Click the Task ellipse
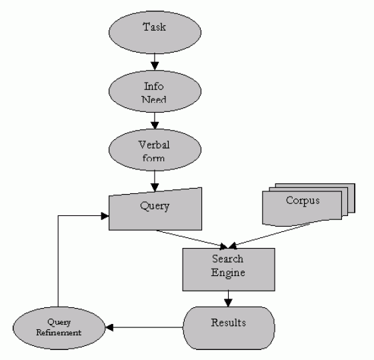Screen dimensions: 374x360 pos(155,32)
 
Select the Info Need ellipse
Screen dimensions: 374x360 pos(155,91)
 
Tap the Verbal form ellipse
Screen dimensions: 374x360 pos(155,150)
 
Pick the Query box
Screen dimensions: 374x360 pos(155,210)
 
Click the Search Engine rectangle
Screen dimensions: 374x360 pos(229,269)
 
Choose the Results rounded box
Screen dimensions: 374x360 pos(229,328)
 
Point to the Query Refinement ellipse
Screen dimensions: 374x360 pos(59,328)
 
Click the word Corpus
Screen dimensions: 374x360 pos(303,201)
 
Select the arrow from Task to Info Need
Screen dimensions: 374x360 pos(155,62)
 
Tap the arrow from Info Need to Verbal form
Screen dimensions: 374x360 pos(155,121)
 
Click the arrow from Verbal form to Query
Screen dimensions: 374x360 pos(155,181)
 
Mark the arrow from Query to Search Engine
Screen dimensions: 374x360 pos(191,239)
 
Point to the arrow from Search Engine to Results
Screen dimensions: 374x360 pos(228,299)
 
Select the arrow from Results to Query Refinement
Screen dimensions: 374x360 pos(144,327)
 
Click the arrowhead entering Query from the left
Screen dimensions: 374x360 pos(105,216)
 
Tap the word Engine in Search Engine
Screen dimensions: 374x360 pos(228,273)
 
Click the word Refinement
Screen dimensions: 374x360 pos(59,333)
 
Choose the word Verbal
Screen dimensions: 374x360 pos(154,145)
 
